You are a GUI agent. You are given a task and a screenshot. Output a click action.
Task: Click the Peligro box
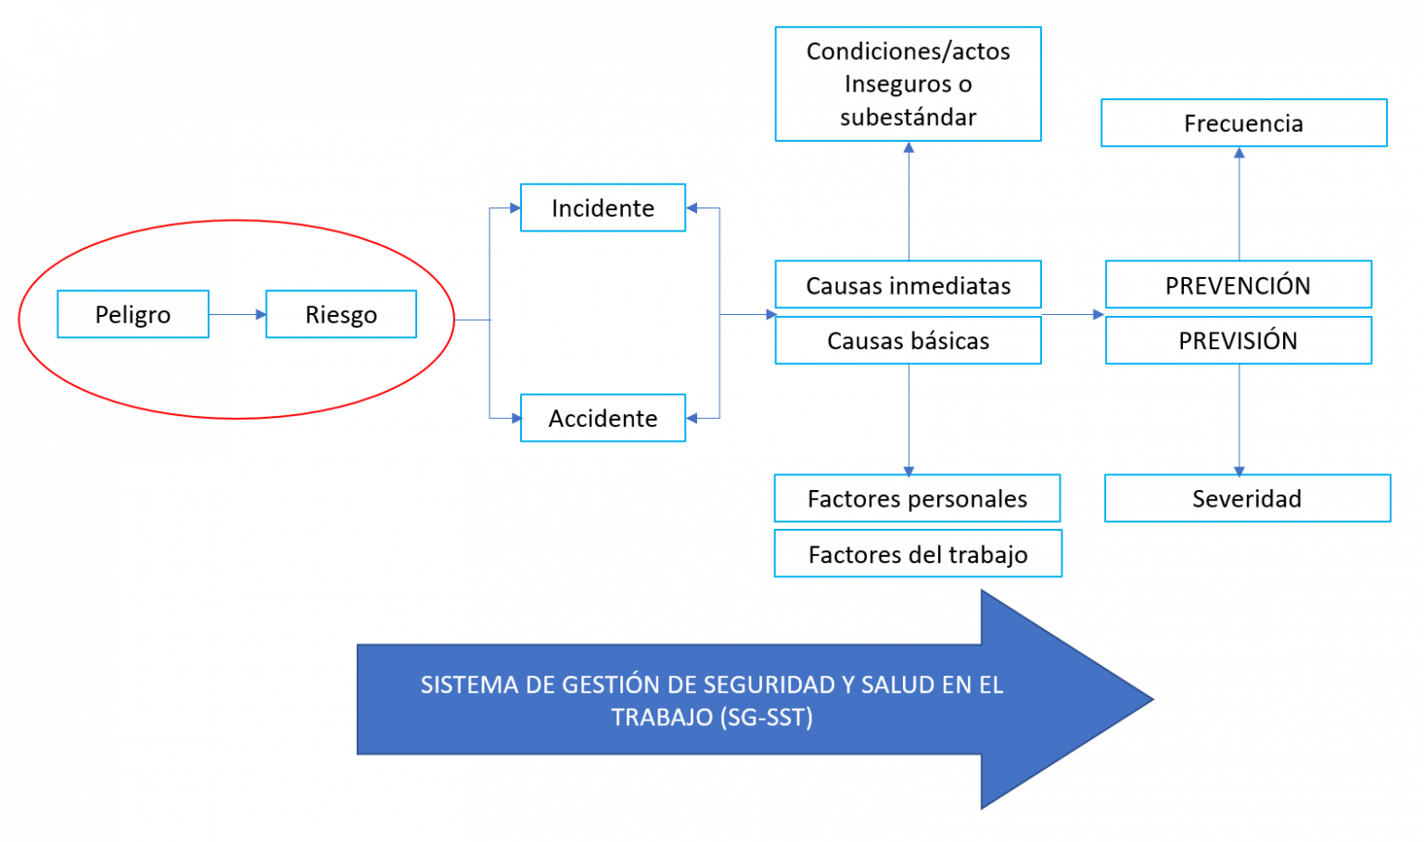coord(133,314)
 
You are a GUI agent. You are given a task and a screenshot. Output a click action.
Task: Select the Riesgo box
coord(341,314)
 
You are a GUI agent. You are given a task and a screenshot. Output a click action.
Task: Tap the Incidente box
coord(603,207)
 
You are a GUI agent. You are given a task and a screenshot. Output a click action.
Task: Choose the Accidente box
coord(603,418)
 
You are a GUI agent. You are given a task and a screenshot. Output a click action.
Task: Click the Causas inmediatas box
coord(908,284)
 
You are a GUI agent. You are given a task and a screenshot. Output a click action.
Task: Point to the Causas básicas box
coord(908,340)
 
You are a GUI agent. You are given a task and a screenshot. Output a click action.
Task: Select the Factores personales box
coord(917,498)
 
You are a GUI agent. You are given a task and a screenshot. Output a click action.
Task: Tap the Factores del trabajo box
coord(918,554)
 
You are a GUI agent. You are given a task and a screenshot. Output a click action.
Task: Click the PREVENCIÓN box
coord(1239,284)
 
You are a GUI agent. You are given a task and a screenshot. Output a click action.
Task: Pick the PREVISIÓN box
coord(1239,340)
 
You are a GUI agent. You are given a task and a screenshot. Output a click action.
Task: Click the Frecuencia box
coord(1244,122)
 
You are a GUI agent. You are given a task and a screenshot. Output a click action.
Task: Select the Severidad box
coord(1247,498)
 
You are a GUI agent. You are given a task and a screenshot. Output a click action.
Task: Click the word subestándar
coord(908,118)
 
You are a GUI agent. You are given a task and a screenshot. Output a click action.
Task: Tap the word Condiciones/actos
coord(908,52)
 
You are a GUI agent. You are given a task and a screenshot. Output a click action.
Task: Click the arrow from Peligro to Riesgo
coord(237,314)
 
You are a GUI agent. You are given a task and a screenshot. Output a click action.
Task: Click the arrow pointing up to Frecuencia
coord(1239,204)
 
